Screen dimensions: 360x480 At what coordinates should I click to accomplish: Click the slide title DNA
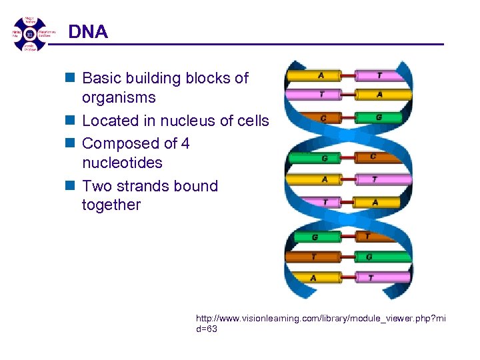pos(88,31)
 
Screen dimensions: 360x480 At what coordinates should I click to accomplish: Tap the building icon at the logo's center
pos(29,33)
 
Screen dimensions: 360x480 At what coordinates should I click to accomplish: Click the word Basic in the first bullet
pos(103,79)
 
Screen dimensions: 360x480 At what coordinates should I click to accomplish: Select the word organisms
pos(119,98)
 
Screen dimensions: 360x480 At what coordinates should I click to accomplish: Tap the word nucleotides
pos(122,163)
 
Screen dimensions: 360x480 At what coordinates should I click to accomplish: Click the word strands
pos(139,186)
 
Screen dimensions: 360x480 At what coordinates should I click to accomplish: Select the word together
pos(111,205)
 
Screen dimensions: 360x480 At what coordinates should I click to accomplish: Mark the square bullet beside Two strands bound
pos(71,186)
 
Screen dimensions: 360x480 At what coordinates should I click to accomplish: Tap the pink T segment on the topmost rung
pos(379,76)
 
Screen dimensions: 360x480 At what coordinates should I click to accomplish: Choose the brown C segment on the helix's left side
pos(323,118)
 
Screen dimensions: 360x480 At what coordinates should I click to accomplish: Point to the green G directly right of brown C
pos(378,117)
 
